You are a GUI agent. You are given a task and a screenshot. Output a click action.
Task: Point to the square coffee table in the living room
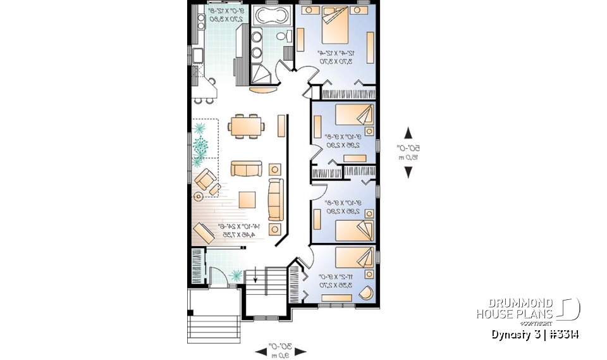coord(247,199)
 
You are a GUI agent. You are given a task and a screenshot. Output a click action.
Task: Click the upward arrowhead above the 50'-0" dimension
coord(408,133)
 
